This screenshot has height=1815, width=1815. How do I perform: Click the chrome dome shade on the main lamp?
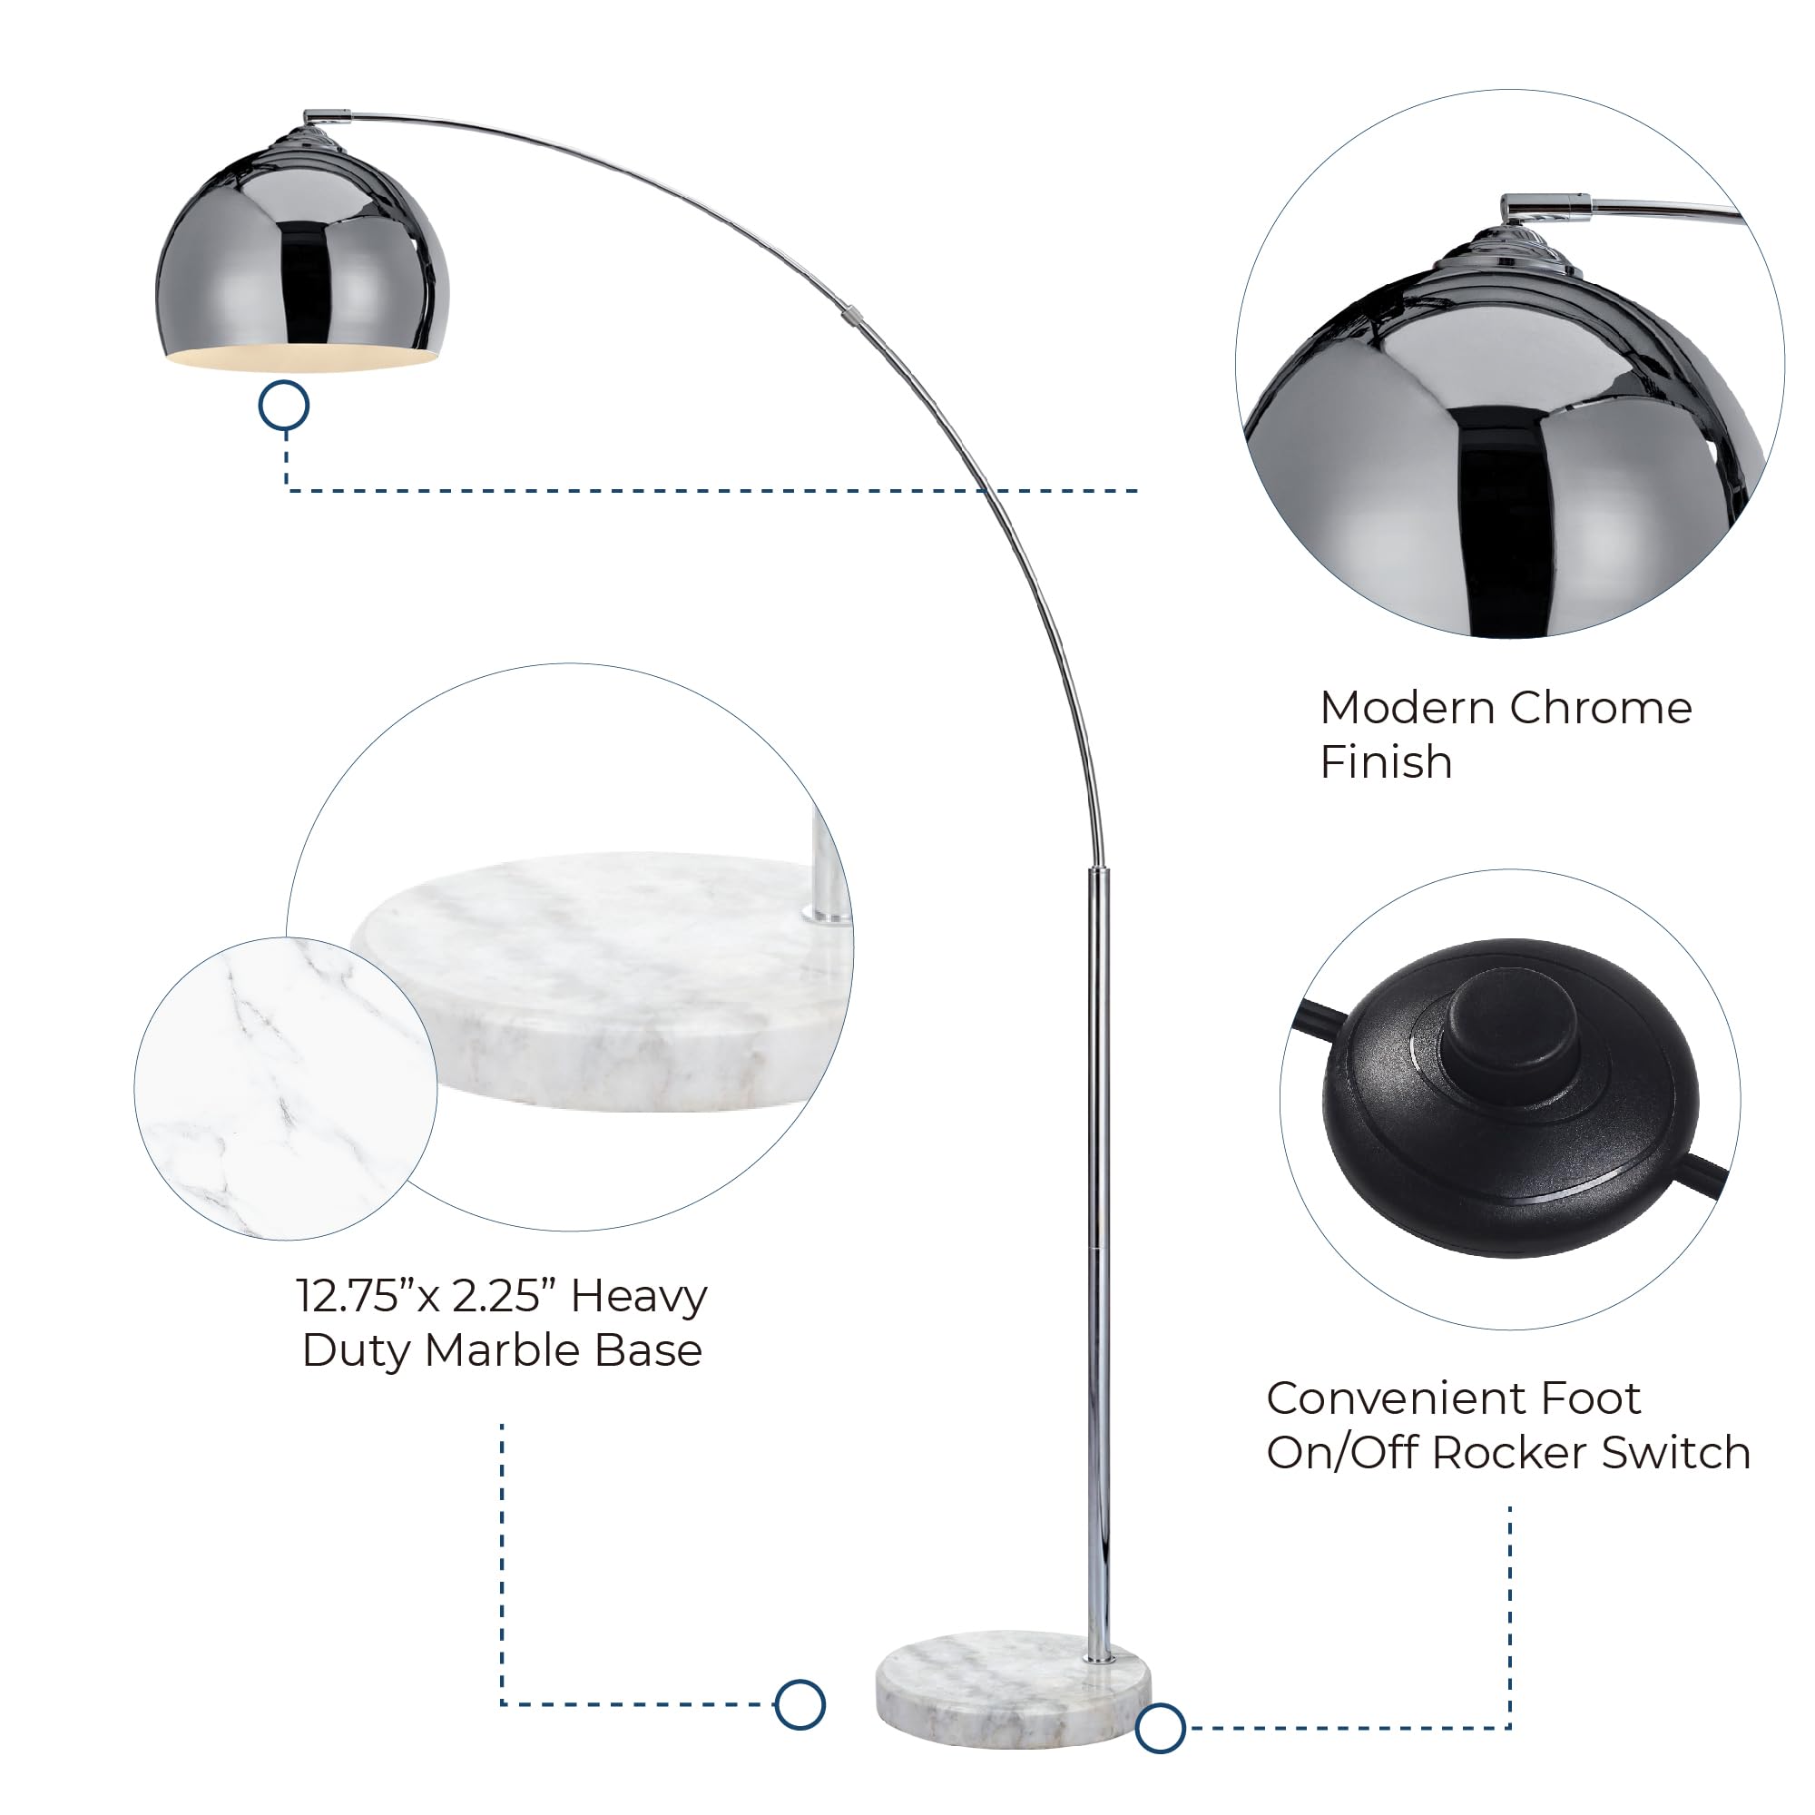(x=302, y=254)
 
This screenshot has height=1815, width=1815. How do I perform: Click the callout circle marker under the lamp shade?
(x=284, y=406)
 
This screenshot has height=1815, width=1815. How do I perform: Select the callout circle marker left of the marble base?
(x=800, y=1704)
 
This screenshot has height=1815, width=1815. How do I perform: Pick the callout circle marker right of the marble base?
(x=1160, y=1728)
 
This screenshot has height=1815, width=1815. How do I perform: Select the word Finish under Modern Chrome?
(x=1386, y=762)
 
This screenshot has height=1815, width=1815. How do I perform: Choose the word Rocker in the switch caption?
(x=1513, y=1452)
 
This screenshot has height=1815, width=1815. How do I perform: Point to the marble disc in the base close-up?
(x=602, y=982)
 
